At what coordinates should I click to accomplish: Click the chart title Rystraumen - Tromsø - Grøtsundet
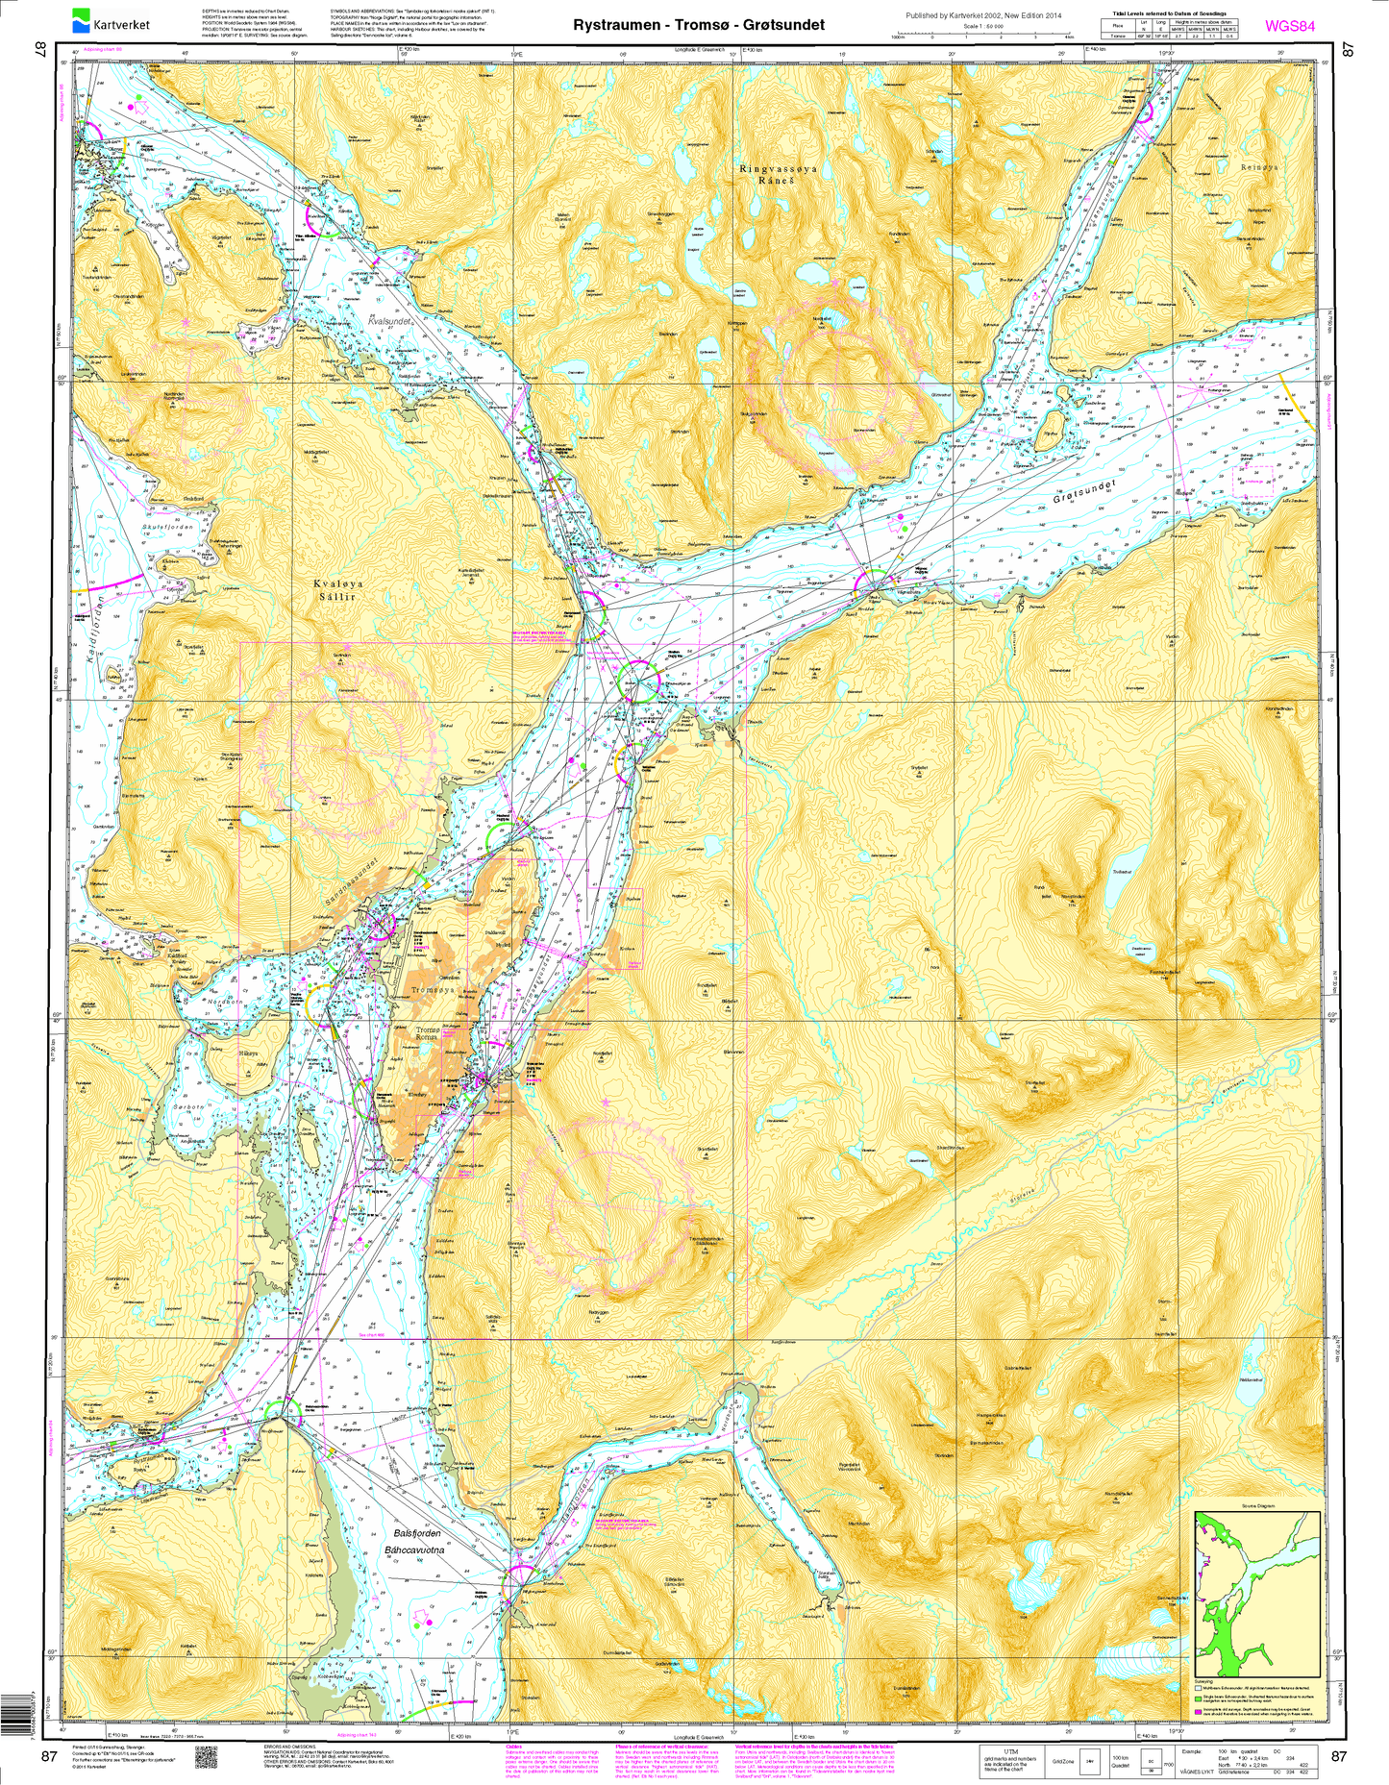click(x=699, y=25)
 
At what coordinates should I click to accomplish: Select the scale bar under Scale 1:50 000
click(x=980, y=36)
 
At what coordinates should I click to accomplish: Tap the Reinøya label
click(x=1260, y=167)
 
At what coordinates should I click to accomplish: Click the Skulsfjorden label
click(x=167, y=528)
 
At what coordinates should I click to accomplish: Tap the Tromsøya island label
click(x=432, y=990)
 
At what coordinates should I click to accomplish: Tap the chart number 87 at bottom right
click(x=1339, y=1756)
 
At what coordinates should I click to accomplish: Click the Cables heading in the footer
click(x=514, y=1745)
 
